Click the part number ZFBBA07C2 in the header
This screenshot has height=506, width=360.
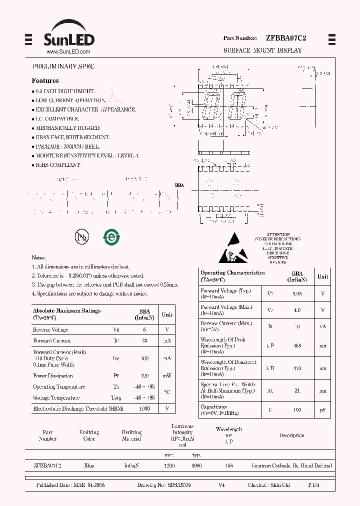click(286, 38)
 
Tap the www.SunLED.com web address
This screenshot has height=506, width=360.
click(68, 52)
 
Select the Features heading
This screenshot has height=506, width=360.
click(45, 80)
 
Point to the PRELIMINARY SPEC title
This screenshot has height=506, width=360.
click(63, 66)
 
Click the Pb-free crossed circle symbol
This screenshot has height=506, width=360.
click(82, 237)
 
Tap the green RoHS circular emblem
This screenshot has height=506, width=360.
click(110, 237)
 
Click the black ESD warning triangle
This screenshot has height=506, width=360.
click(233, 247)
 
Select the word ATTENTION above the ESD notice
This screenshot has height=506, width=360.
click(278, 234)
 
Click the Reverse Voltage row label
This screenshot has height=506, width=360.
click(50, 329)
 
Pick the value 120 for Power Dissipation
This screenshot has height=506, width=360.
click(145, 375)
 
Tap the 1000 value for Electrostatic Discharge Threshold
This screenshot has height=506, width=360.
click(144, 408)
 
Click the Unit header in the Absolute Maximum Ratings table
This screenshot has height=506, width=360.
click(167, 314)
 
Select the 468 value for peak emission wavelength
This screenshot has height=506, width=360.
click(296, 345)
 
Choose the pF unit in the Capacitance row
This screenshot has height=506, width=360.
click(323, 409)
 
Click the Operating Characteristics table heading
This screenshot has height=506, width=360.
click(232, 273)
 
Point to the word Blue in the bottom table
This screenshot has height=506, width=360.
click(89, 465)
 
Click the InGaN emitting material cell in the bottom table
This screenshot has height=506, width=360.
click(131, 465)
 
